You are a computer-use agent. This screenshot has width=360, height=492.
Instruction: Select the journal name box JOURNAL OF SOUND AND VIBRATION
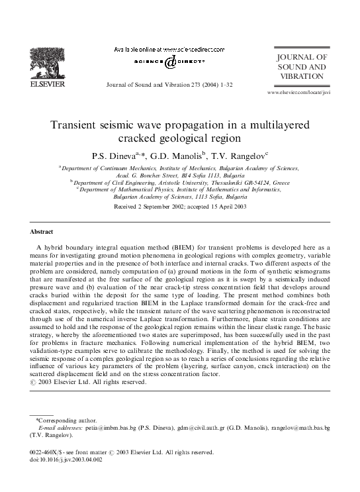click(x=301, y=68)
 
